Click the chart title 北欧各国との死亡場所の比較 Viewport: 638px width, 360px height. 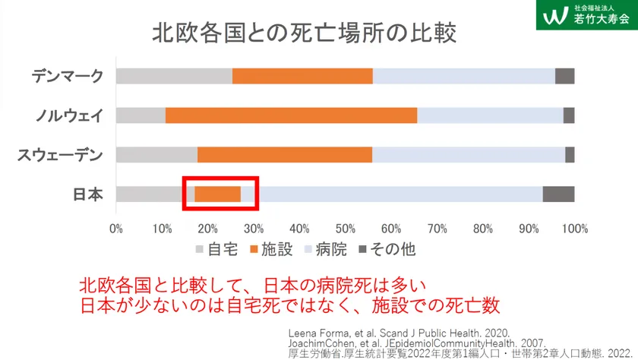point(308,33)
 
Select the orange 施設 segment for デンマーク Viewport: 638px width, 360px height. point(302,76)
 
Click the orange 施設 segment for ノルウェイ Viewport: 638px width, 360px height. point(291,115)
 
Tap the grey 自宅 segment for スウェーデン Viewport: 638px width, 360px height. point(156,155)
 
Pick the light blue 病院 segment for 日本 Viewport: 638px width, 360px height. point(391,194)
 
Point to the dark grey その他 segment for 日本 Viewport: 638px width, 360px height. point(558,194)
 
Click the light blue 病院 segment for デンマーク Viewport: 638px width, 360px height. point(463,76)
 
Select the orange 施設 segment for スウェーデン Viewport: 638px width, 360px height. point(285,155)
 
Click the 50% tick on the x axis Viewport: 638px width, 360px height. point(346,227)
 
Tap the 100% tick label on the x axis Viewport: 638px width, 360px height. point(574,227)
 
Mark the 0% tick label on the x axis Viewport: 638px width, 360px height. point(116,227)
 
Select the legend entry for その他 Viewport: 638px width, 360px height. point(386,248)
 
